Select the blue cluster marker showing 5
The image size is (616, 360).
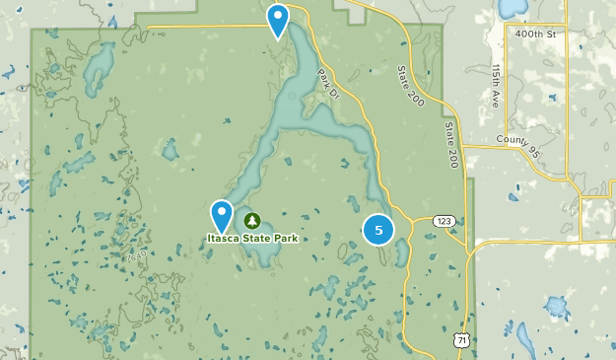pyautogui.click(x=378, y=230)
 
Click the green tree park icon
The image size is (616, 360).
pyautogui.click(x=252, y=220)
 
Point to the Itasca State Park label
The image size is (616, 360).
pyautogui.click(x=252, y=238)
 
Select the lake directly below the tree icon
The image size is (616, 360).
pyautogui.click(x=258, y=252)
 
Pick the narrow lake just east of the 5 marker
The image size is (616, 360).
pyautogui.click(x=400, y=253)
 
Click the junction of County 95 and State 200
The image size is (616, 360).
pyautogui.click(x=463, y=147)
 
